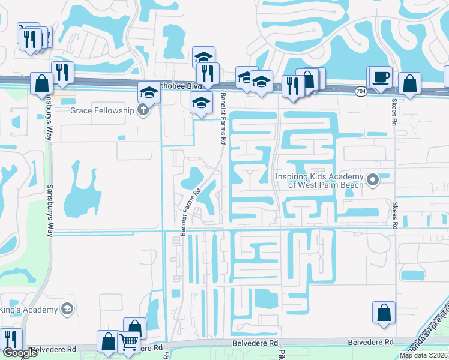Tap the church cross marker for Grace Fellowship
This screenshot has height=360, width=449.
(142, 110)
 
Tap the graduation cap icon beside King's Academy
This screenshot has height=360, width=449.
(67, 310)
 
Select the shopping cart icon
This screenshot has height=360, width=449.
(129, 342)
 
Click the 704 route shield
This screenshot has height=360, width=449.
(360, 91)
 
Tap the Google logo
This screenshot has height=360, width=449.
(20, 353)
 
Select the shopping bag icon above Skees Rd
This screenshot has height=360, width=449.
(409, 85)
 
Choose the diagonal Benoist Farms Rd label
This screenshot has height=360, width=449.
(190, 213)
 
